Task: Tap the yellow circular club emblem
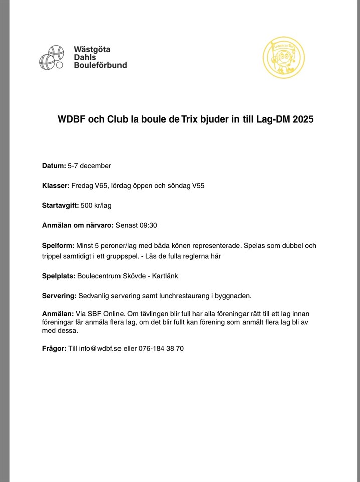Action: click(x=284, y=59)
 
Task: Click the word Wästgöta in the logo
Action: click(x=92, y=49)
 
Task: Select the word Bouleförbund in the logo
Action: click(x=100, y=65)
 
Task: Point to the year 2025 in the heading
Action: click(x=303, y=120)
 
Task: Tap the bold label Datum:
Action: click(x=54, y=166)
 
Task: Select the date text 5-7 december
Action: click(x=89, y=166)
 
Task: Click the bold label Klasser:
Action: click(x=56, y=186)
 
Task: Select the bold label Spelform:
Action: click(x=58, y=246)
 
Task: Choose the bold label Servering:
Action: click(x=59, y=295)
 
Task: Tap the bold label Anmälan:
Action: click(x=58, y=313)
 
